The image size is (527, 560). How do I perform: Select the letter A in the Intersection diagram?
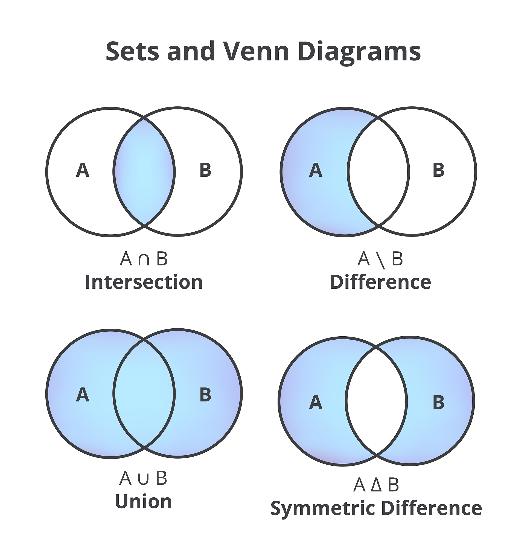83,170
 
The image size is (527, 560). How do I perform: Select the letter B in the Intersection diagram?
205,170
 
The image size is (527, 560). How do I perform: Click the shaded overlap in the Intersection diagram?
144,172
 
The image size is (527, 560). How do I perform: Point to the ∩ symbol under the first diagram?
144,259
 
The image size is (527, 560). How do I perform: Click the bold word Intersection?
144,282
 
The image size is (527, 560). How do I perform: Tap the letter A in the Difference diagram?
316,170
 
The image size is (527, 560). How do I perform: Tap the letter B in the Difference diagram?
438,170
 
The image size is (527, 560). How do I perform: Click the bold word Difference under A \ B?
380,282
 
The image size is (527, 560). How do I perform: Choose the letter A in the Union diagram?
83,395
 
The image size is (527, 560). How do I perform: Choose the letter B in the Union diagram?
205,395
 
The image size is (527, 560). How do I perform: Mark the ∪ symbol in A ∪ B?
143,479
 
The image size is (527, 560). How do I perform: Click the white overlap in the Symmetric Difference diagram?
376,401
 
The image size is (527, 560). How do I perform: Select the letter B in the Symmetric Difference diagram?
438,402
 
